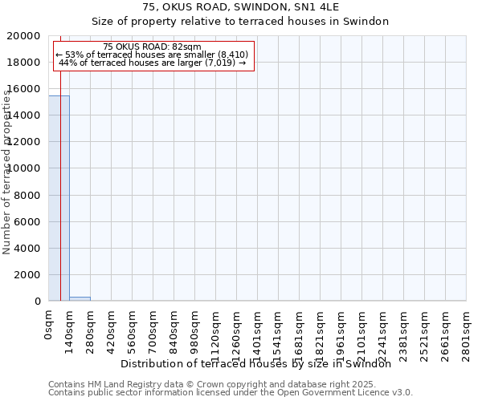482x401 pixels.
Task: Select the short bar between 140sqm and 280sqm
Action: click(80, 298)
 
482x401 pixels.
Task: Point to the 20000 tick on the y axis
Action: click(25, 36)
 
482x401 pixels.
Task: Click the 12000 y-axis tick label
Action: click(25, 142)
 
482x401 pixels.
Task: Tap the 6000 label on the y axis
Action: click(28, 221)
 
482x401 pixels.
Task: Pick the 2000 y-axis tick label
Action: click(28, 274)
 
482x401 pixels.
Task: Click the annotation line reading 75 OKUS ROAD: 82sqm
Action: click(153, 47)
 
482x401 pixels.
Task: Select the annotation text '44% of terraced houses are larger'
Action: click(153, 63)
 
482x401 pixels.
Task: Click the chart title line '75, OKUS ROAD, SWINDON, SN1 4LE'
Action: click(240, 7)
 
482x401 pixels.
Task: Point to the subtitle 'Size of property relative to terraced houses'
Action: click(240, 22)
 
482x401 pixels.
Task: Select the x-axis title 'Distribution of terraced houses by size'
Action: click(261, 363)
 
